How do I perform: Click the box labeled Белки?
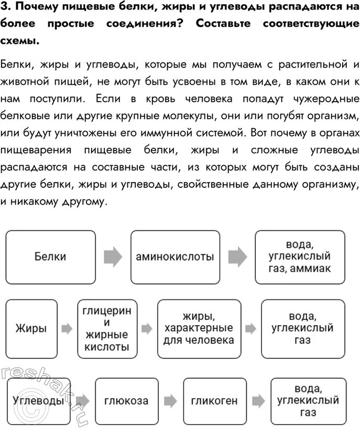click(50, 257)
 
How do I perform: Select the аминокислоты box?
click(174, 257)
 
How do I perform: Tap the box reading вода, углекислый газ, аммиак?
click(300, 257)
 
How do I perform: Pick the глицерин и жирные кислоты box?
click(106, 329)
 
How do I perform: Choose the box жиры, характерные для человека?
click(199, 329)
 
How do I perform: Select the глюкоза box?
click(126, 401)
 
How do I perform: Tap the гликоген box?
click(214, 401)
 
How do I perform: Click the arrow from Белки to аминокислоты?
click(113, 257)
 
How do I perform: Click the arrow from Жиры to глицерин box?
click(67, 329)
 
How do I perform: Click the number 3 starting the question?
click(5, 8)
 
